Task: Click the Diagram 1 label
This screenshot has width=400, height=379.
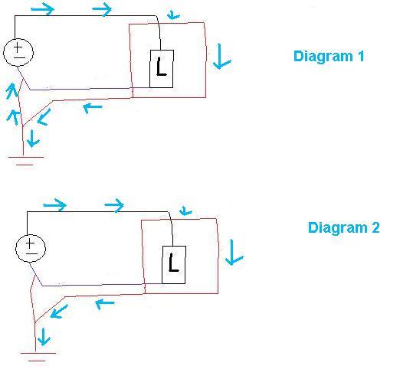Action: coord(329,56)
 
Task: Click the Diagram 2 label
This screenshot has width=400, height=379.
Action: coord(343,227)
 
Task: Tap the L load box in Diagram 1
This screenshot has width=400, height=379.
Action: coord(162,69)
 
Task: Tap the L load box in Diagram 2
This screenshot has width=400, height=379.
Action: coord(174,265)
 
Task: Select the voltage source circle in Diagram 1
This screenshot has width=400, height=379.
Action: coord(18,52)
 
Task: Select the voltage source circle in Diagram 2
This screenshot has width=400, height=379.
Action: coord(31,248)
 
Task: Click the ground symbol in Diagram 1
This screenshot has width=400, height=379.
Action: coord(25,161)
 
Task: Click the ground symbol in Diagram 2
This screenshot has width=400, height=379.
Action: coord(38,357)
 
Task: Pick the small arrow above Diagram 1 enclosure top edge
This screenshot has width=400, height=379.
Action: coord(173,15)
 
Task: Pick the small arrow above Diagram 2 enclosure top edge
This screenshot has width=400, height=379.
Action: coord(185,211)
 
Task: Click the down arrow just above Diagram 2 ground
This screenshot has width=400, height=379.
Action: coord(44,337)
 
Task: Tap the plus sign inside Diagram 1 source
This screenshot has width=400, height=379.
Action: coord(18,47)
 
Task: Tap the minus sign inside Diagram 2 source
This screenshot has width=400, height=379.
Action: coord(32,254)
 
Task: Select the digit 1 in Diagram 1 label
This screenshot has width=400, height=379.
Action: coord(361,56)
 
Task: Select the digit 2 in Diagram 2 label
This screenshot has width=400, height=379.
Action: coord(375,227)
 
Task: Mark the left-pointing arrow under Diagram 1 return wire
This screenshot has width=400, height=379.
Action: coord(93,108)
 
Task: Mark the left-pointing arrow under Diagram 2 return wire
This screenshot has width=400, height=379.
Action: coord(105,304)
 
